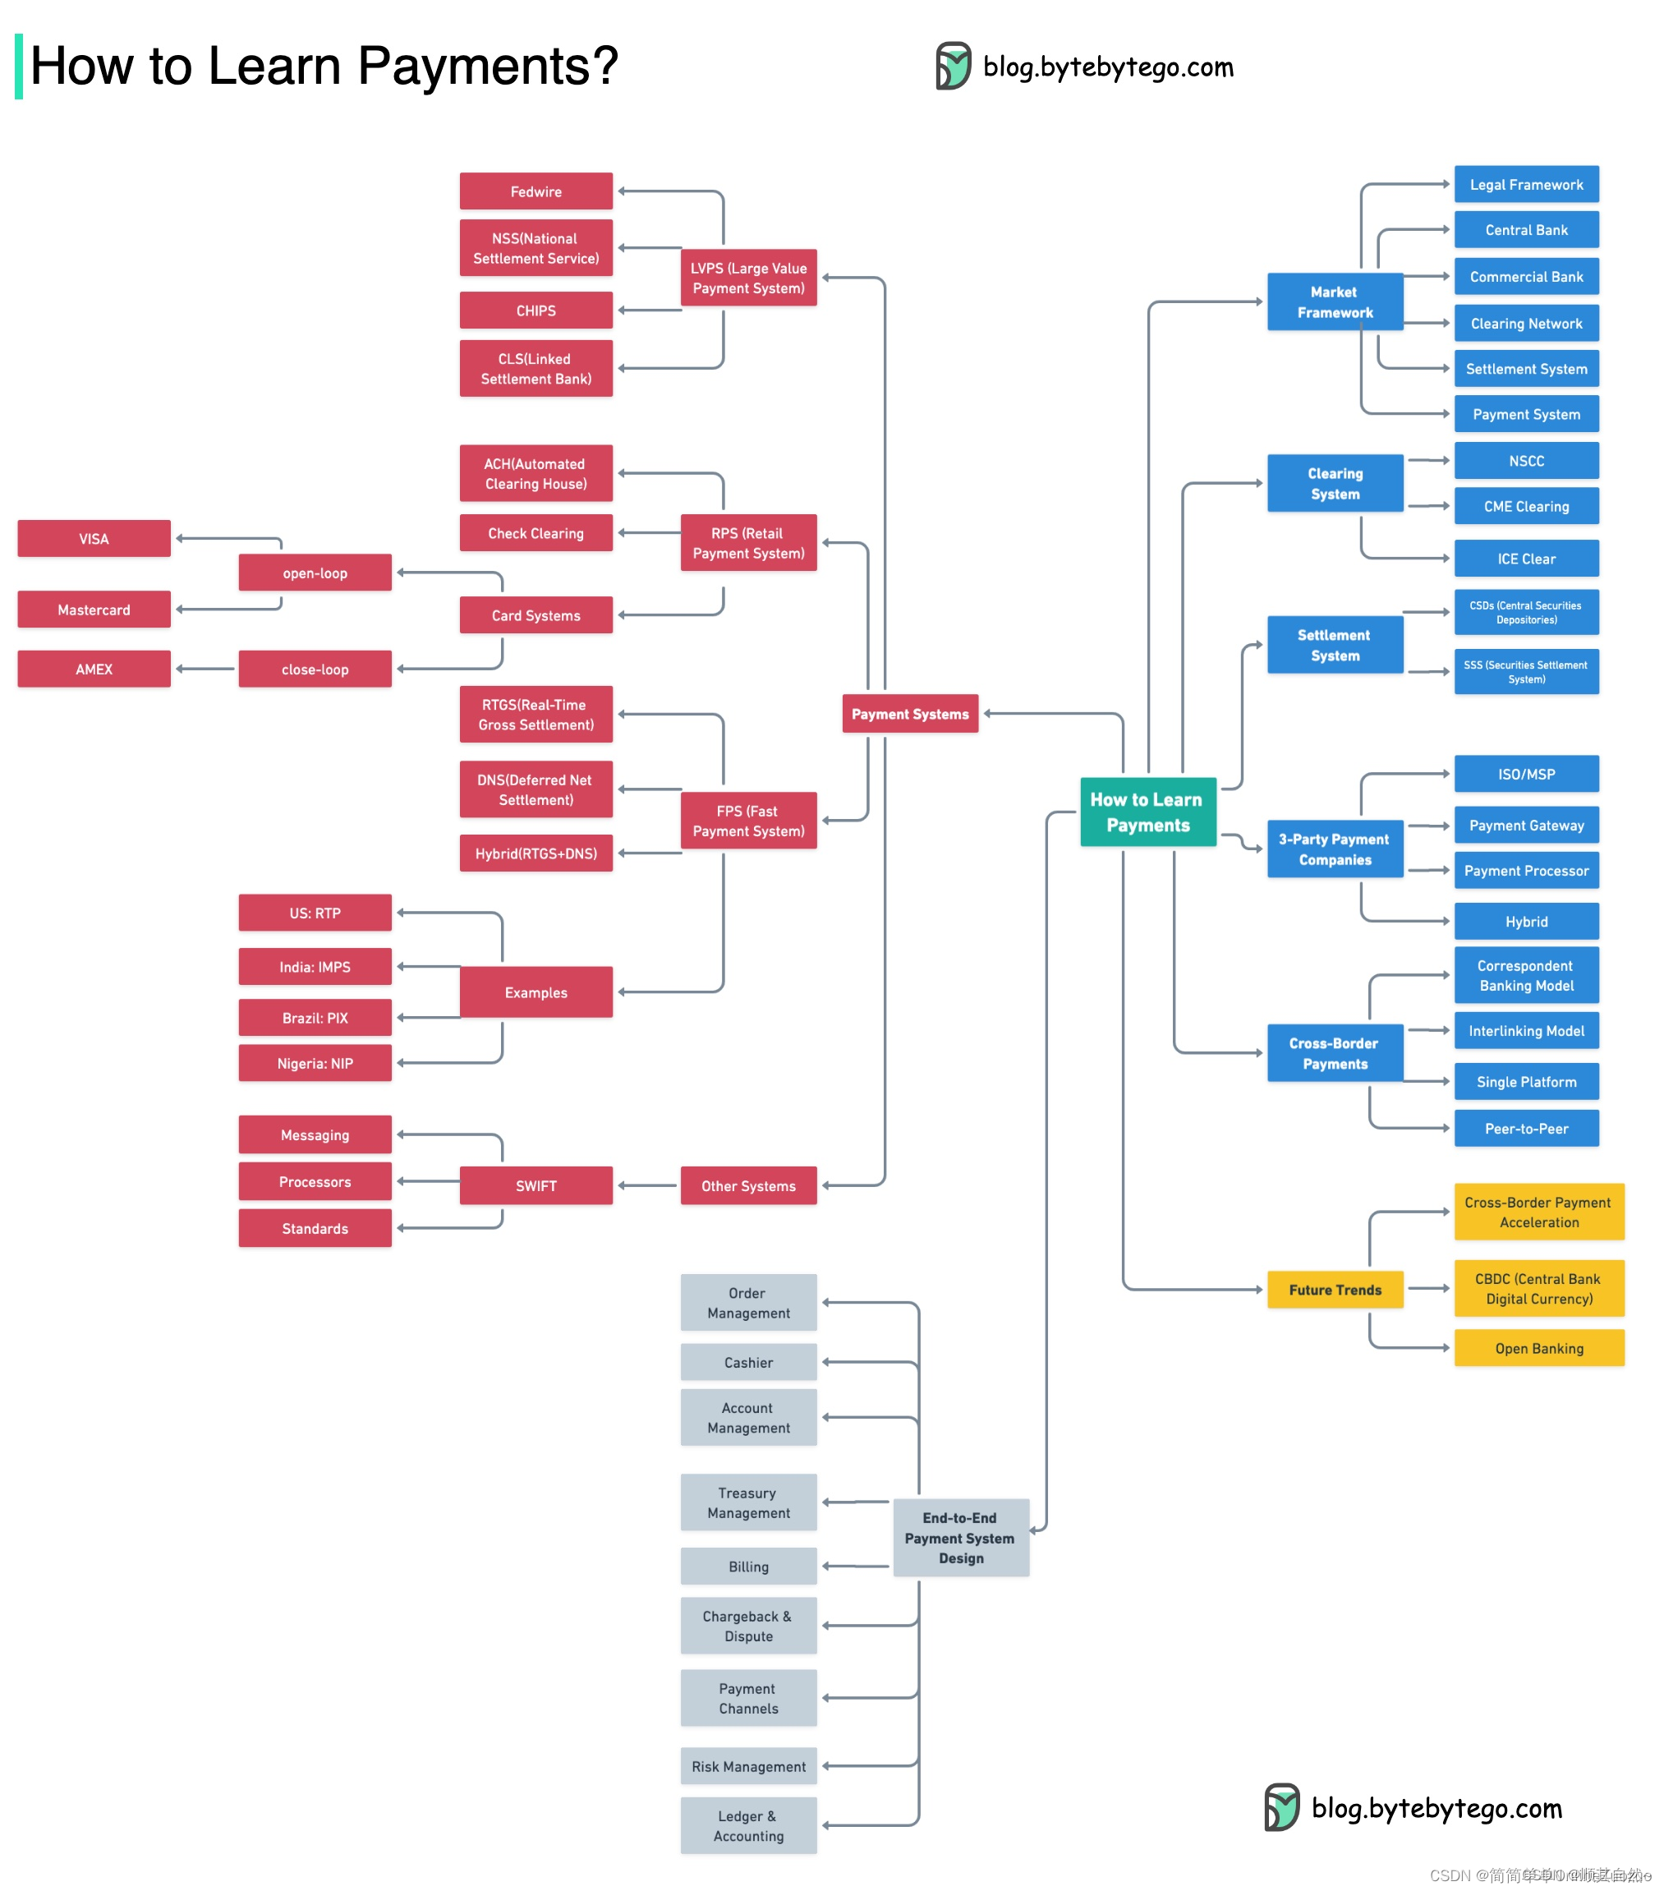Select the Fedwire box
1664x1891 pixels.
click(536, 191)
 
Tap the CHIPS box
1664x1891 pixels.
click(536, 310)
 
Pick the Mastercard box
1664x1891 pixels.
click(94, 609)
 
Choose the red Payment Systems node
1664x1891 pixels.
click(909, 713)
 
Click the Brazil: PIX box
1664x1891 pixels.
click(315, 1017)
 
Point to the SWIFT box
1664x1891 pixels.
click(536, 1185)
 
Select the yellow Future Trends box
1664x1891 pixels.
click(1334, 1289)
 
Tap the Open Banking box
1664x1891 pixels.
click(1538, 1348)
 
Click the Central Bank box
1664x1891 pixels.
click(1525, 229)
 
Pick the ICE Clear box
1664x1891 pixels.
click(1525, 558)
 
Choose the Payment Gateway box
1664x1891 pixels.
click(1525, 824)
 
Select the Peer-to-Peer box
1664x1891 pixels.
click(1525, 1128)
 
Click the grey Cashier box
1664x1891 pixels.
click(747, 1362)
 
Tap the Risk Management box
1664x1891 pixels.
click(747, 1765)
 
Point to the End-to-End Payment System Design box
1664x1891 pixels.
click(960, 1537)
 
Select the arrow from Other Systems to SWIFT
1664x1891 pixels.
click(646, 1185)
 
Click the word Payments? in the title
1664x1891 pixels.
click(487, 67)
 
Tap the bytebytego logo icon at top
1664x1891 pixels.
click(953, 66)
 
